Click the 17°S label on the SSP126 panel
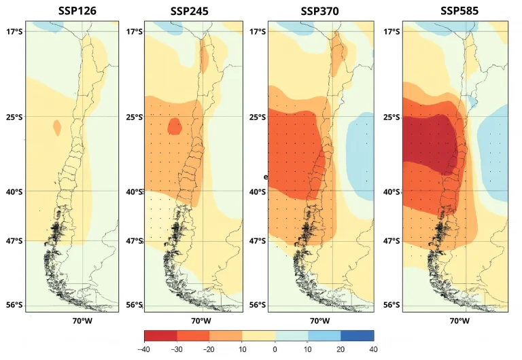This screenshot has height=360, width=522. [x=14, y=31]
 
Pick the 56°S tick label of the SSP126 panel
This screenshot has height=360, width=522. [x=14, y=305]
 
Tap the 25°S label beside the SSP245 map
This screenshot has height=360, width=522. [x=133, y=117]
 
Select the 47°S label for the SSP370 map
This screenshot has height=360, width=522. [x=258, y=240]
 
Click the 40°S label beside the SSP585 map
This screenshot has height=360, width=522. [x=391, y=192]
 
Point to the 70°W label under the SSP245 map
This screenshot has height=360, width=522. [x=201, y=321]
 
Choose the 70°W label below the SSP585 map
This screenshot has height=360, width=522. [x=458, y=321]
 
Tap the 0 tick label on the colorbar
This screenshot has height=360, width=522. [x=275, y=349]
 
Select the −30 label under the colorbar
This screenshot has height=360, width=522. [x=177, y=349]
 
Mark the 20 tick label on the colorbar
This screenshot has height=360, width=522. [x=341, y=349]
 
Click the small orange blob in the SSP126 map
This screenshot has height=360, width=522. [x=56, y=126]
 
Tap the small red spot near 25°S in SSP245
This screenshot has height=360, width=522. [x=175, y=126]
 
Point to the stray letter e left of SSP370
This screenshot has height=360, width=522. [x=266, y=176]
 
